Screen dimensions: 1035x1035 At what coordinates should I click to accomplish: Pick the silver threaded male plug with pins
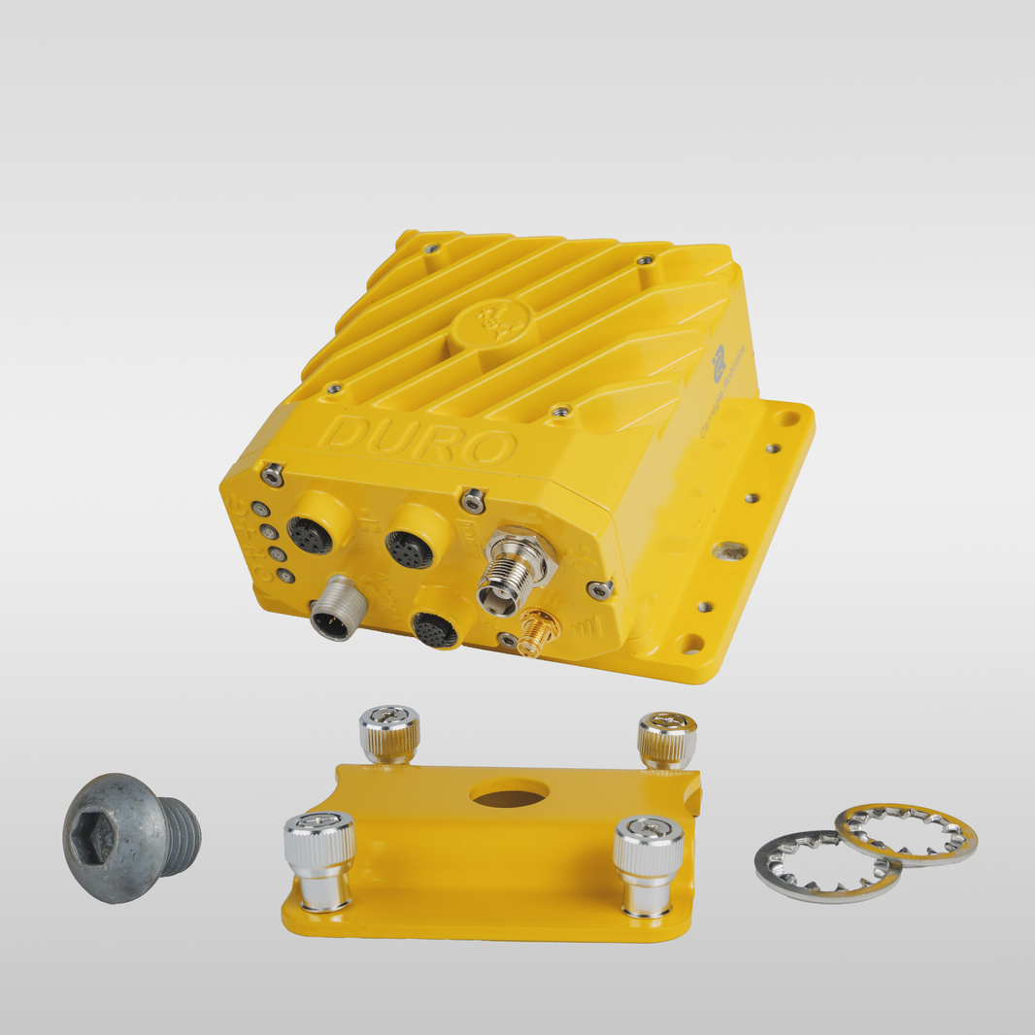(x=333, y=609)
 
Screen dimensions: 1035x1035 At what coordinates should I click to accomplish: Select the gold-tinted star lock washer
(x=907, y=834)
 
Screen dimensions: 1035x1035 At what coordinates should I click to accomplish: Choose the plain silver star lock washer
(x=825, y=865)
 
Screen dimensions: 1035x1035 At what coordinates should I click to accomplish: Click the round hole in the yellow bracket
(x=509, y=795)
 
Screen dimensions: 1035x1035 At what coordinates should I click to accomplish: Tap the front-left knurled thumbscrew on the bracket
(x=319, y=858)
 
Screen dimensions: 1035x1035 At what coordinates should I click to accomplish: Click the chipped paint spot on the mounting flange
(x=729, y=551)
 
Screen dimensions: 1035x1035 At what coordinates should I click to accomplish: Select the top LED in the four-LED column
(x=259, y=510)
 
